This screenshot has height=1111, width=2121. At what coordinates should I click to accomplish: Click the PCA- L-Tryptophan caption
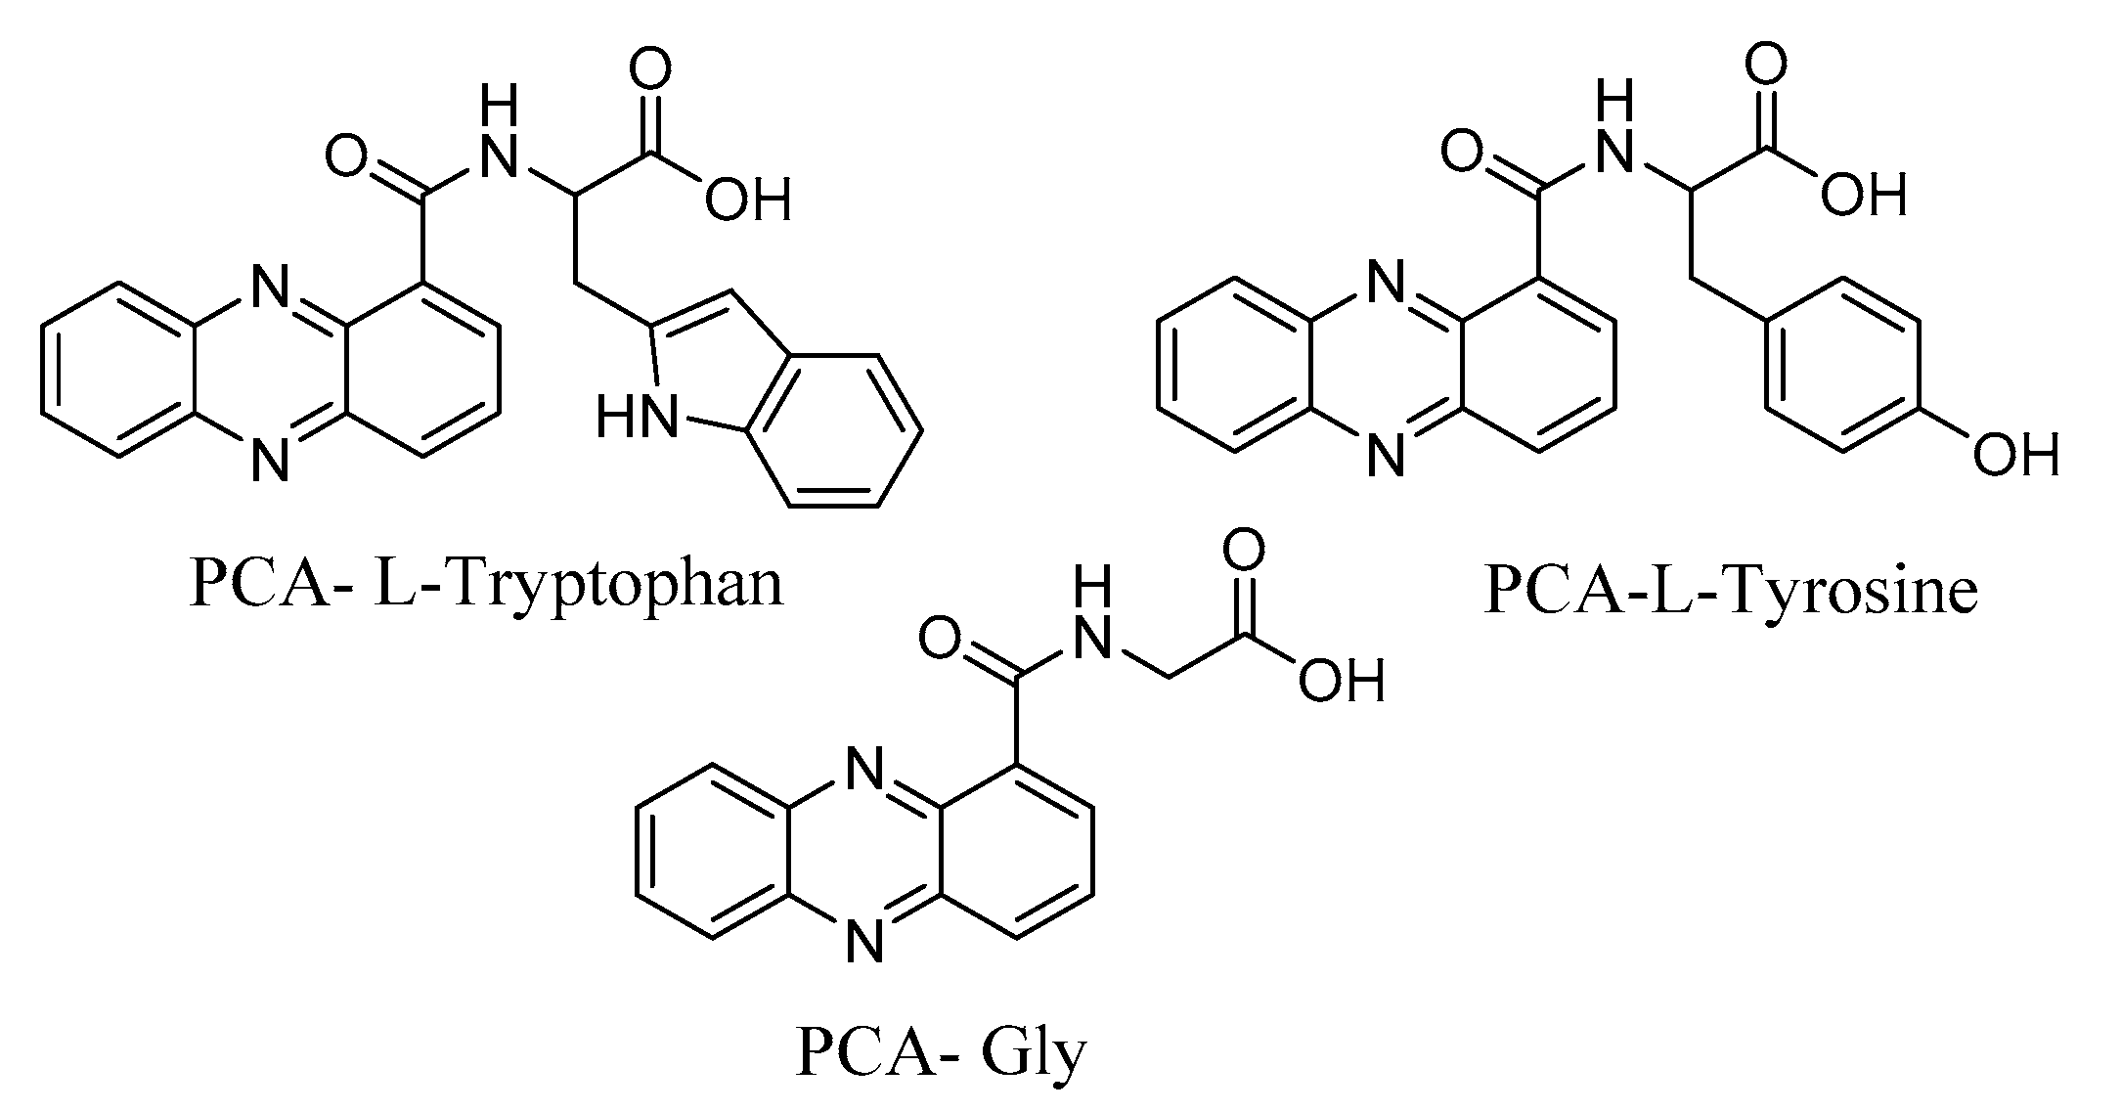click(486, 584)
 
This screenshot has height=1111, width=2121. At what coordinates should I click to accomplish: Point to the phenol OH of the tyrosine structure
click(2015, 455)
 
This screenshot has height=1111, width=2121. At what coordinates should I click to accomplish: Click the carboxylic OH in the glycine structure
click(1341, 681)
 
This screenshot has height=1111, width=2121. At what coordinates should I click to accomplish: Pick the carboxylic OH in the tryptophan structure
click(748, 200)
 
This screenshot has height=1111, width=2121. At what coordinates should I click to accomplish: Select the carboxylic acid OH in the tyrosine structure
click(1863, 196)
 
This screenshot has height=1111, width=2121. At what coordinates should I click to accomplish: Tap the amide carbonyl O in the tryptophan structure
click(347, 156)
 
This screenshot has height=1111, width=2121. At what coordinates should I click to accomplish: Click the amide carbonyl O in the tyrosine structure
click(1463, 153)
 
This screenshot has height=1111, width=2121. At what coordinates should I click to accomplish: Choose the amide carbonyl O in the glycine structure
click(940, 641)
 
